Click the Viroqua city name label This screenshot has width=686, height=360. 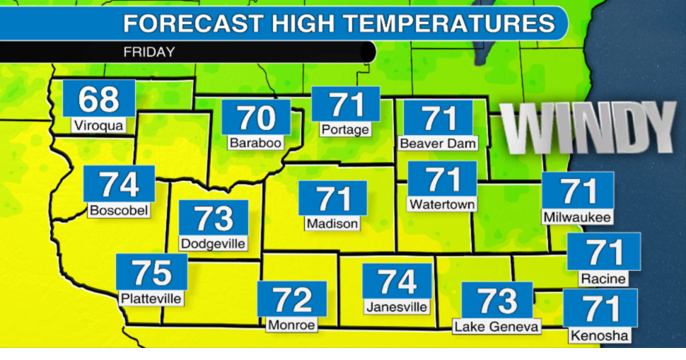tap(98, 127)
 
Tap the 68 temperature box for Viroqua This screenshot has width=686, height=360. tap(98, 99)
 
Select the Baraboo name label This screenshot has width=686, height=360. tap(255, 143)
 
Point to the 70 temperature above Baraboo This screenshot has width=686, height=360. tap(255, 117)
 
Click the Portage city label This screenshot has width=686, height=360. tap(345, 130)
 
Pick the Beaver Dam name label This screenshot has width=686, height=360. tap(438, 144)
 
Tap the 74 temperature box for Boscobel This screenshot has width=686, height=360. tap(119, 184)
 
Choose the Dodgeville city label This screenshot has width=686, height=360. tap(213, 244)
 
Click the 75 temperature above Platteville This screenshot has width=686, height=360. tap(151, 272)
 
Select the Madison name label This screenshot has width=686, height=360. tap(332, 223)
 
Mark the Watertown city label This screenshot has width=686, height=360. tap(443, 204)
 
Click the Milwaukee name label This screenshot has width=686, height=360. tap(577, 217)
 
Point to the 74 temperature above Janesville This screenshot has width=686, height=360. tap(397, 281)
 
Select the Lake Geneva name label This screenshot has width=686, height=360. tap(496, 327)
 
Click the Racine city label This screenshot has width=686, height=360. tap(603, 279)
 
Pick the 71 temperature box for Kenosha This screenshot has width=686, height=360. tap(600, 308)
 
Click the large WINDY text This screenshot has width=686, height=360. tap(588, 127)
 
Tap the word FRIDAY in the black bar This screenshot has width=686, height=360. tap(149, 52)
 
